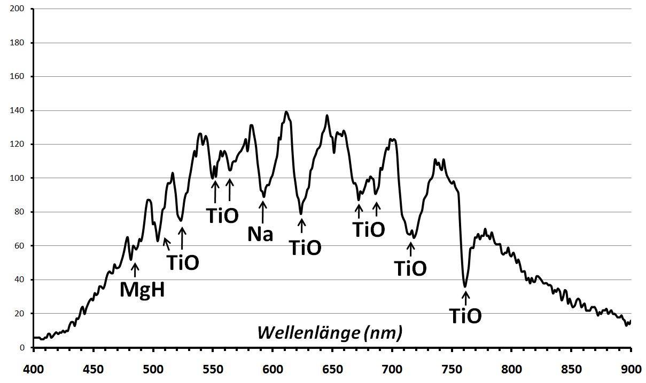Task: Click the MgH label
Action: [142, 290]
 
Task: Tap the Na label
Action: [260, 234]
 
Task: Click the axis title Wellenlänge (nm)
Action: [330, 332]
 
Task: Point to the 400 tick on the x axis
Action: [34, 369]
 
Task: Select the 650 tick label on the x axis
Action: [332, 369]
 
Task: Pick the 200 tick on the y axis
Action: [18, 9]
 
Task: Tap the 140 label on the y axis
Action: [18, 110]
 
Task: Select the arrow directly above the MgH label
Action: [135, 270]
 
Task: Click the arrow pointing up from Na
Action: [263, 212]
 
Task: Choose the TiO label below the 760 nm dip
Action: [465, 316]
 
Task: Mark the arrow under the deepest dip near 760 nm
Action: [465, 297]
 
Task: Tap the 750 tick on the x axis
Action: [452, 369]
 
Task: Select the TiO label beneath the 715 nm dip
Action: [410, 268]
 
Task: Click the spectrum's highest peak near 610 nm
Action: [286, 112]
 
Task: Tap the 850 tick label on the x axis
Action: [571, 369]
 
